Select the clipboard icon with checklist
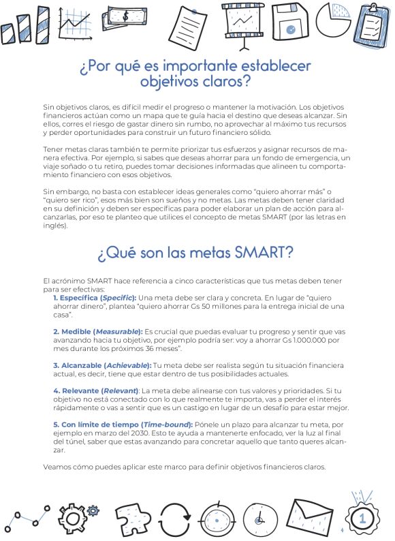click(x=372, y=25)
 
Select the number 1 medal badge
click(x=362, y=517)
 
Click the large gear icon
click(x=72, y=519)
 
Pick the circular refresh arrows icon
click(x=178, y=520)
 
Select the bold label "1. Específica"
click(x=76, y=298)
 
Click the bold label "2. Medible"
click(x=72, y=331)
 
